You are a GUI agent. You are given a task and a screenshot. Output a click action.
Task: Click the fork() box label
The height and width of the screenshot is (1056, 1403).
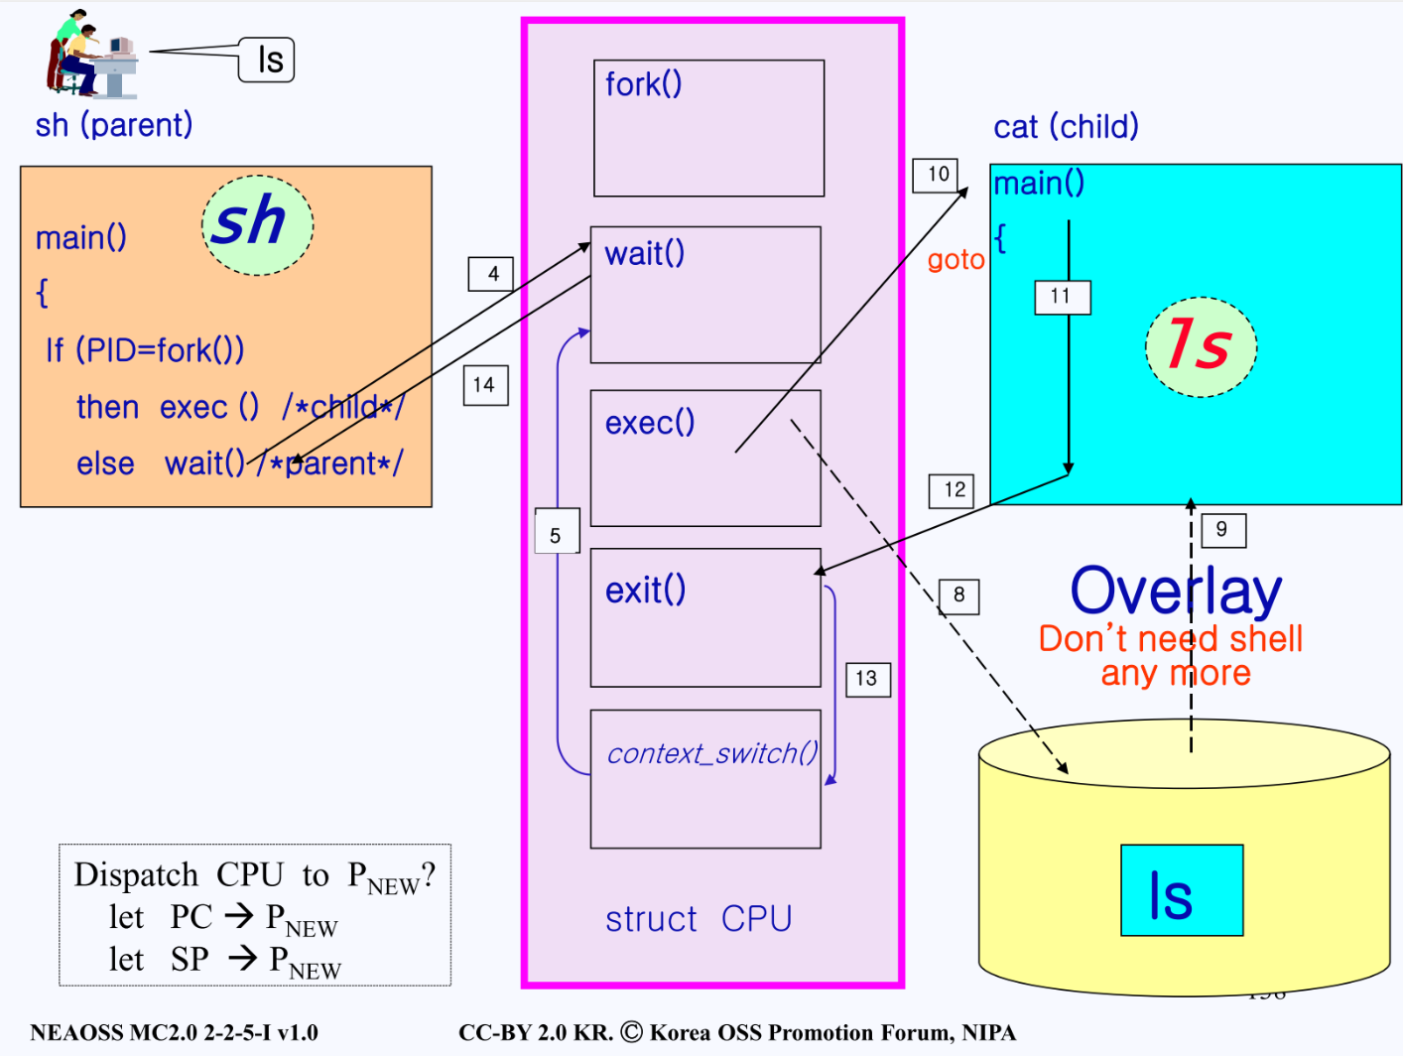(x=643, y=84)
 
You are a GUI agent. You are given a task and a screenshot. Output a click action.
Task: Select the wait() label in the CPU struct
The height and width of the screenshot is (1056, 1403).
(x=644, y=254)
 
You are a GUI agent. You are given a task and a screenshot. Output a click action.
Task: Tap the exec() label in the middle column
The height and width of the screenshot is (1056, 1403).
(x=649, y=423)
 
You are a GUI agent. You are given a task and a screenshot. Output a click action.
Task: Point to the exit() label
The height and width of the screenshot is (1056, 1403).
(x=645, y=591)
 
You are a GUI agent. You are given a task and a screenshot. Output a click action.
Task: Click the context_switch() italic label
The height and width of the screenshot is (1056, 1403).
(x=711, y=754)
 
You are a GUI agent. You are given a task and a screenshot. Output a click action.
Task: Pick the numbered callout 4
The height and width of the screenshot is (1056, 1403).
(x=492, y=274)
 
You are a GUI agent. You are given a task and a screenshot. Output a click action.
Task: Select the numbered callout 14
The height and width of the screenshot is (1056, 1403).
(x=484, y=385)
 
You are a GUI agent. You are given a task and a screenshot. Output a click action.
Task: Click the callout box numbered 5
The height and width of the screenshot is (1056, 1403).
(x=555, y=536)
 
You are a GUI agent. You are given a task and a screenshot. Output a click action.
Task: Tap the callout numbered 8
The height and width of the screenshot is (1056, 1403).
(x=958, y=595)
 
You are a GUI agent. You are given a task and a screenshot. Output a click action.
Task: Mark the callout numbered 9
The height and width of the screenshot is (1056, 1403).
(x=1221, y=530)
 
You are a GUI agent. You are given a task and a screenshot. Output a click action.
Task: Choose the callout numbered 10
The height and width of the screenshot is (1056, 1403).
(x=938, y=175)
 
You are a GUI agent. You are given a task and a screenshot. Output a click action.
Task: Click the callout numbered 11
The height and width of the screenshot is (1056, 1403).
(x=1061, y=297)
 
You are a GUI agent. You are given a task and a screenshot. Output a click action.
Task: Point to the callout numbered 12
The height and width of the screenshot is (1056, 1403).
(x=954, y=490)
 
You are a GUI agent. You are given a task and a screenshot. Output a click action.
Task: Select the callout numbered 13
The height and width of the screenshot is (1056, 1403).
(x=866, y=679)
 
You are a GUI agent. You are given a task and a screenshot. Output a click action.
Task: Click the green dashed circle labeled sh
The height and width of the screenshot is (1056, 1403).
(x=257, y=224)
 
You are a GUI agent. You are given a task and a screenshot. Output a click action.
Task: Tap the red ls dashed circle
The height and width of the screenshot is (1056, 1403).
(x=1201, y=346)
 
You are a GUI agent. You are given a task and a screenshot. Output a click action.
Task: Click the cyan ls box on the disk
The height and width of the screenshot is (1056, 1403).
(x=1181, y=890)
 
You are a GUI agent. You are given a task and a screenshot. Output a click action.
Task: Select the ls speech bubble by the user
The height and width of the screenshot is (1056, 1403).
(x=267, y=60)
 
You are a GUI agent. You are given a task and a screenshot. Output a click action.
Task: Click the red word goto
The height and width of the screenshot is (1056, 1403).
(x=956, y=260)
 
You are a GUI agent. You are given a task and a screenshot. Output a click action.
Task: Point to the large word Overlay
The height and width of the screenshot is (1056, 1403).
(x=1175, y=592)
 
